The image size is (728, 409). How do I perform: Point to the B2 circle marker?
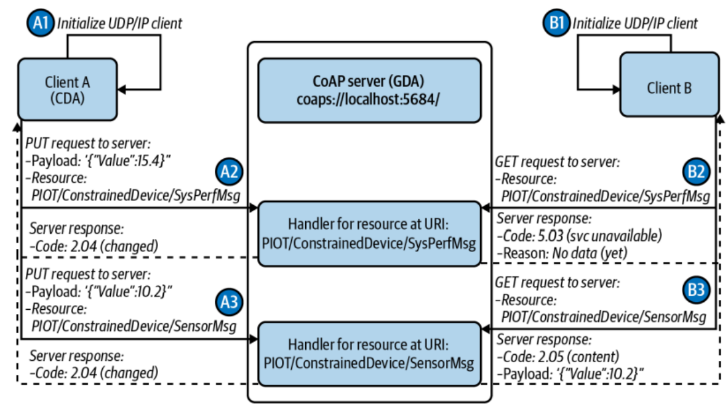[x=698, y=172]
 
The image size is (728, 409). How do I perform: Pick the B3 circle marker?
[x=698, y=289]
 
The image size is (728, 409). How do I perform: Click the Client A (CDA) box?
[x=68, y=89]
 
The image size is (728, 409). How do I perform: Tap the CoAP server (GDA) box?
[x=369, y=91]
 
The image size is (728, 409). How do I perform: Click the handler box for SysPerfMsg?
[x=369, y=234]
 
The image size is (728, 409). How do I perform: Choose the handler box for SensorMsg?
[x=369, y=354]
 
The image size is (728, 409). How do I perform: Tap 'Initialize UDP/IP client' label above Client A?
[x=121, y=23]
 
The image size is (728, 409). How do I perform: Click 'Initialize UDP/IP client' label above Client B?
[x=635, y=23]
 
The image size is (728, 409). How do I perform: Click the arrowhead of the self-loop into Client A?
[x=122, y=91]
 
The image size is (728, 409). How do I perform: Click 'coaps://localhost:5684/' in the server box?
[x=369, y=100]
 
